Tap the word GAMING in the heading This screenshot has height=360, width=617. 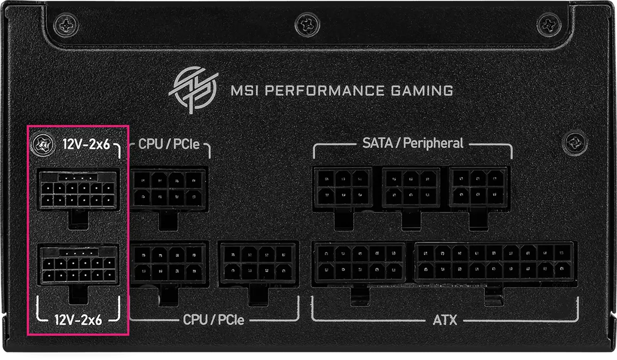coord(420,92)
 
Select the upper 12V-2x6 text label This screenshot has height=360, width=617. coord(86,145)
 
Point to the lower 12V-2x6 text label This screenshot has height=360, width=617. coord(78,320)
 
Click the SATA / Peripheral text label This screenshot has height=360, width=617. coord(412,143)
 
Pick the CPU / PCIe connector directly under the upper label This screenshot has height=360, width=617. coord(168,188)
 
